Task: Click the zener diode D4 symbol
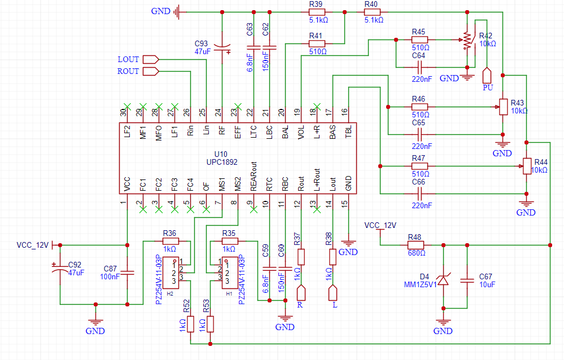[x=443, y=279]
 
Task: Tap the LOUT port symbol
[x=151, y=59]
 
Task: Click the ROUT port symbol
[x=151, y=71]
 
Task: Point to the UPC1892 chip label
[x=222, y=162]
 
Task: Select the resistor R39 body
[x=317, y=12]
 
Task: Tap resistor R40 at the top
[x=372, y=12]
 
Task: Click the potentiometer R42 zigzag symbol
[x=467, y=40]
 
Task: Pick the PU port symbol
[x=487, y=76]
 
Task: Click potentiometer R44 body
[x=527, y=166]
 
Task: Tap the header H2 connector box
[x=170, y=273]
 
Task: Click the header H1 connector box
[x=230, y=273]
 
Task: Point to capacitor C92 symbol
[x=60, y=269]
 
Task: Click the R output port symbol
[x=301, y=293]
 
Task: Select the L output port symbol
[x=333, y=293]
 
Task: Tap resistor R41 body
[x=317, y=44]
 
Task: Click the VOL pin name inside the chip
[x=301, y=132]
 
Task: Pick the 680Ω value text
[x=417, y=253]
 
